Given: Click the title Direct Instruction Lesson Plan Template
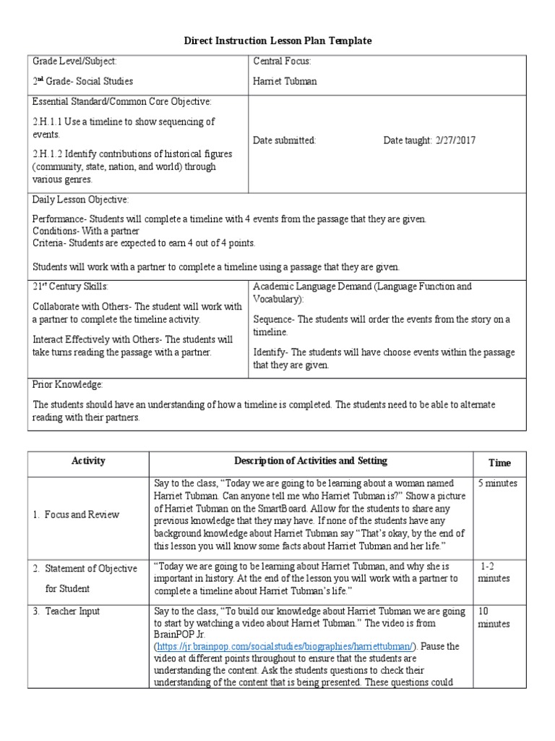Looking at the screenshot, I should coord(277,41).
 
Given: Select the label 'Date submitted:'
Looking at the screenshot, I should coord(284,140).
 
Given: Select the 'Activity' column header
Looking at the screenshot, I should coord(88,461).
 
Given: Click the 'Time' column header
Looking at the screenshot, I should coord(499,463).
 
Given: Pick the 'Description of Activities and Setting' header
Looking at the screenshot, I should coord(310,461).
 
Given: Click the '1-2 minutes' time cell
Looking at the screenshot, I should coord(495,572).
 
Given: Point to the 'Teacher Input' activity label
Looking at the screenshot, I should coord(71,611).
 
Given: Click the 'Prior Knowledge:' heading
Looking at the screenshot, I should coord(68,384).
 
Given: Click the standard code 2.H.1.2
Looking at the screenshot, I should coord(47,154).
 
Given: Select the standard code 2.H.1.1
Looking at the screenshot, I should coord(47,122).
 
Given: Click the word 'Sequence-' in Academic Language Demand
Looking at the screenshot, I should coord(275,320).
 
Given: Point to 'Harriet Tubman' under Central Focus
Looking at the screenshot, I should coord(285,81).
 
